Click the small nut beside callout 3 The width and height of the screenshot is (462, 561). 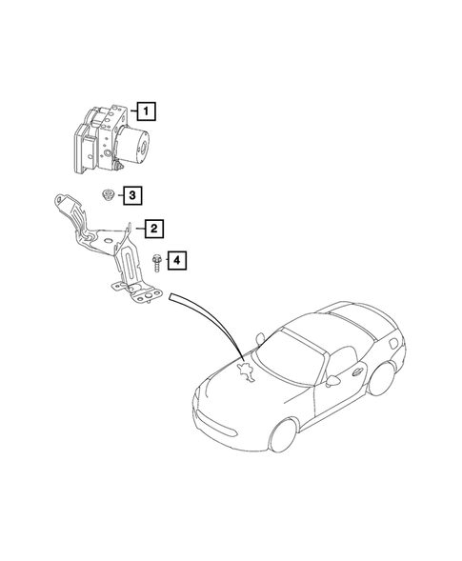click(x=108, y=195)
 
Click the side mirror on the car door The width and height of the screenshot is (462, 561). click(x=332, y=380)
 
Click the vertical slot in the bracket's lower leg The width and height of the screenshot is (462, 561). click(x=123, y=261)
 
